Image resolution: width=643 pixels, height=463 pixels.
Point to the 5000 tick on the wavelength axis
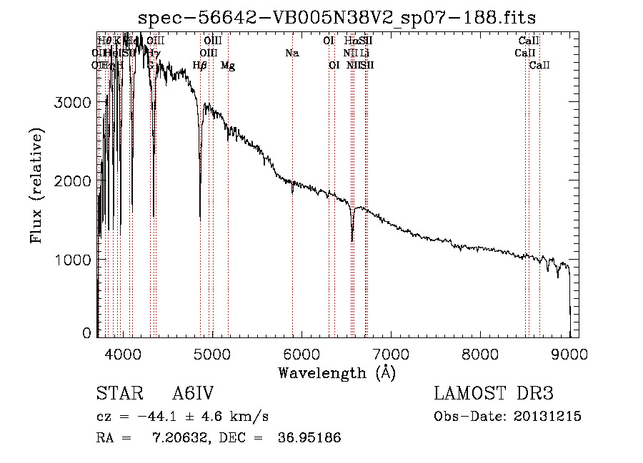[x=211, y=354]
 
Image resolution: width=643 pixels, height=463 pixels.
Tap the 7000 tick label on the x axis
[x=391, y=354]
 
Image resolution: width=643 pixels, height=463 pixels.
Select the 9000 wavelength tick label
[x=570, y=354]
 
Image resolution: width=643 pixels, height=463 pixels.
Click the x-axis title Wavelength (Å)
[x=337, y=372]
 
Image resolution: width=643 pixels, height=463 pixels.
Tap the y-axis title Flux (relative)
[x=36, y=185]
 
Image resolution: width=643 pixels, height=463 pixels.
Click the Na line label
[x=291, y=53]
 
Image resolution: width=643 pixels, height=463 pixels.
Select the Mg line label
[x=228, y=66]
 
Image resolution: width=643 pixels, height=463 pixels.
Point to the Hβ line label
[x=200, y=66]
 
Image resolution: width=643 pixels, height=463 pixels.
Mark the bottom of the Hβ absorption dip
[x=200, y=218]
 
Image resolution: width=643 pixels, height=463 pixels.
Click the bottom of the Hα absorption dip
[x=352, y=240]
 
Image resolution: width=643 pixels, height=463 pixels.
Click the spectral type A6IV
[x=193, y=394]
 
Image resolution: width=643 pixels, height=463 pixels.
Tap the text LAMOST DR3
[x=494, y=394]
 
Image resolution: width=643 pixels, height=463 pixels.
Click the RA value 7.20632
[x=179, y=438]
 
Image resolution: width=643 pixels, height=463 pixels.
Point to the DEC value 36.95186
[x=309, y=438]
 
